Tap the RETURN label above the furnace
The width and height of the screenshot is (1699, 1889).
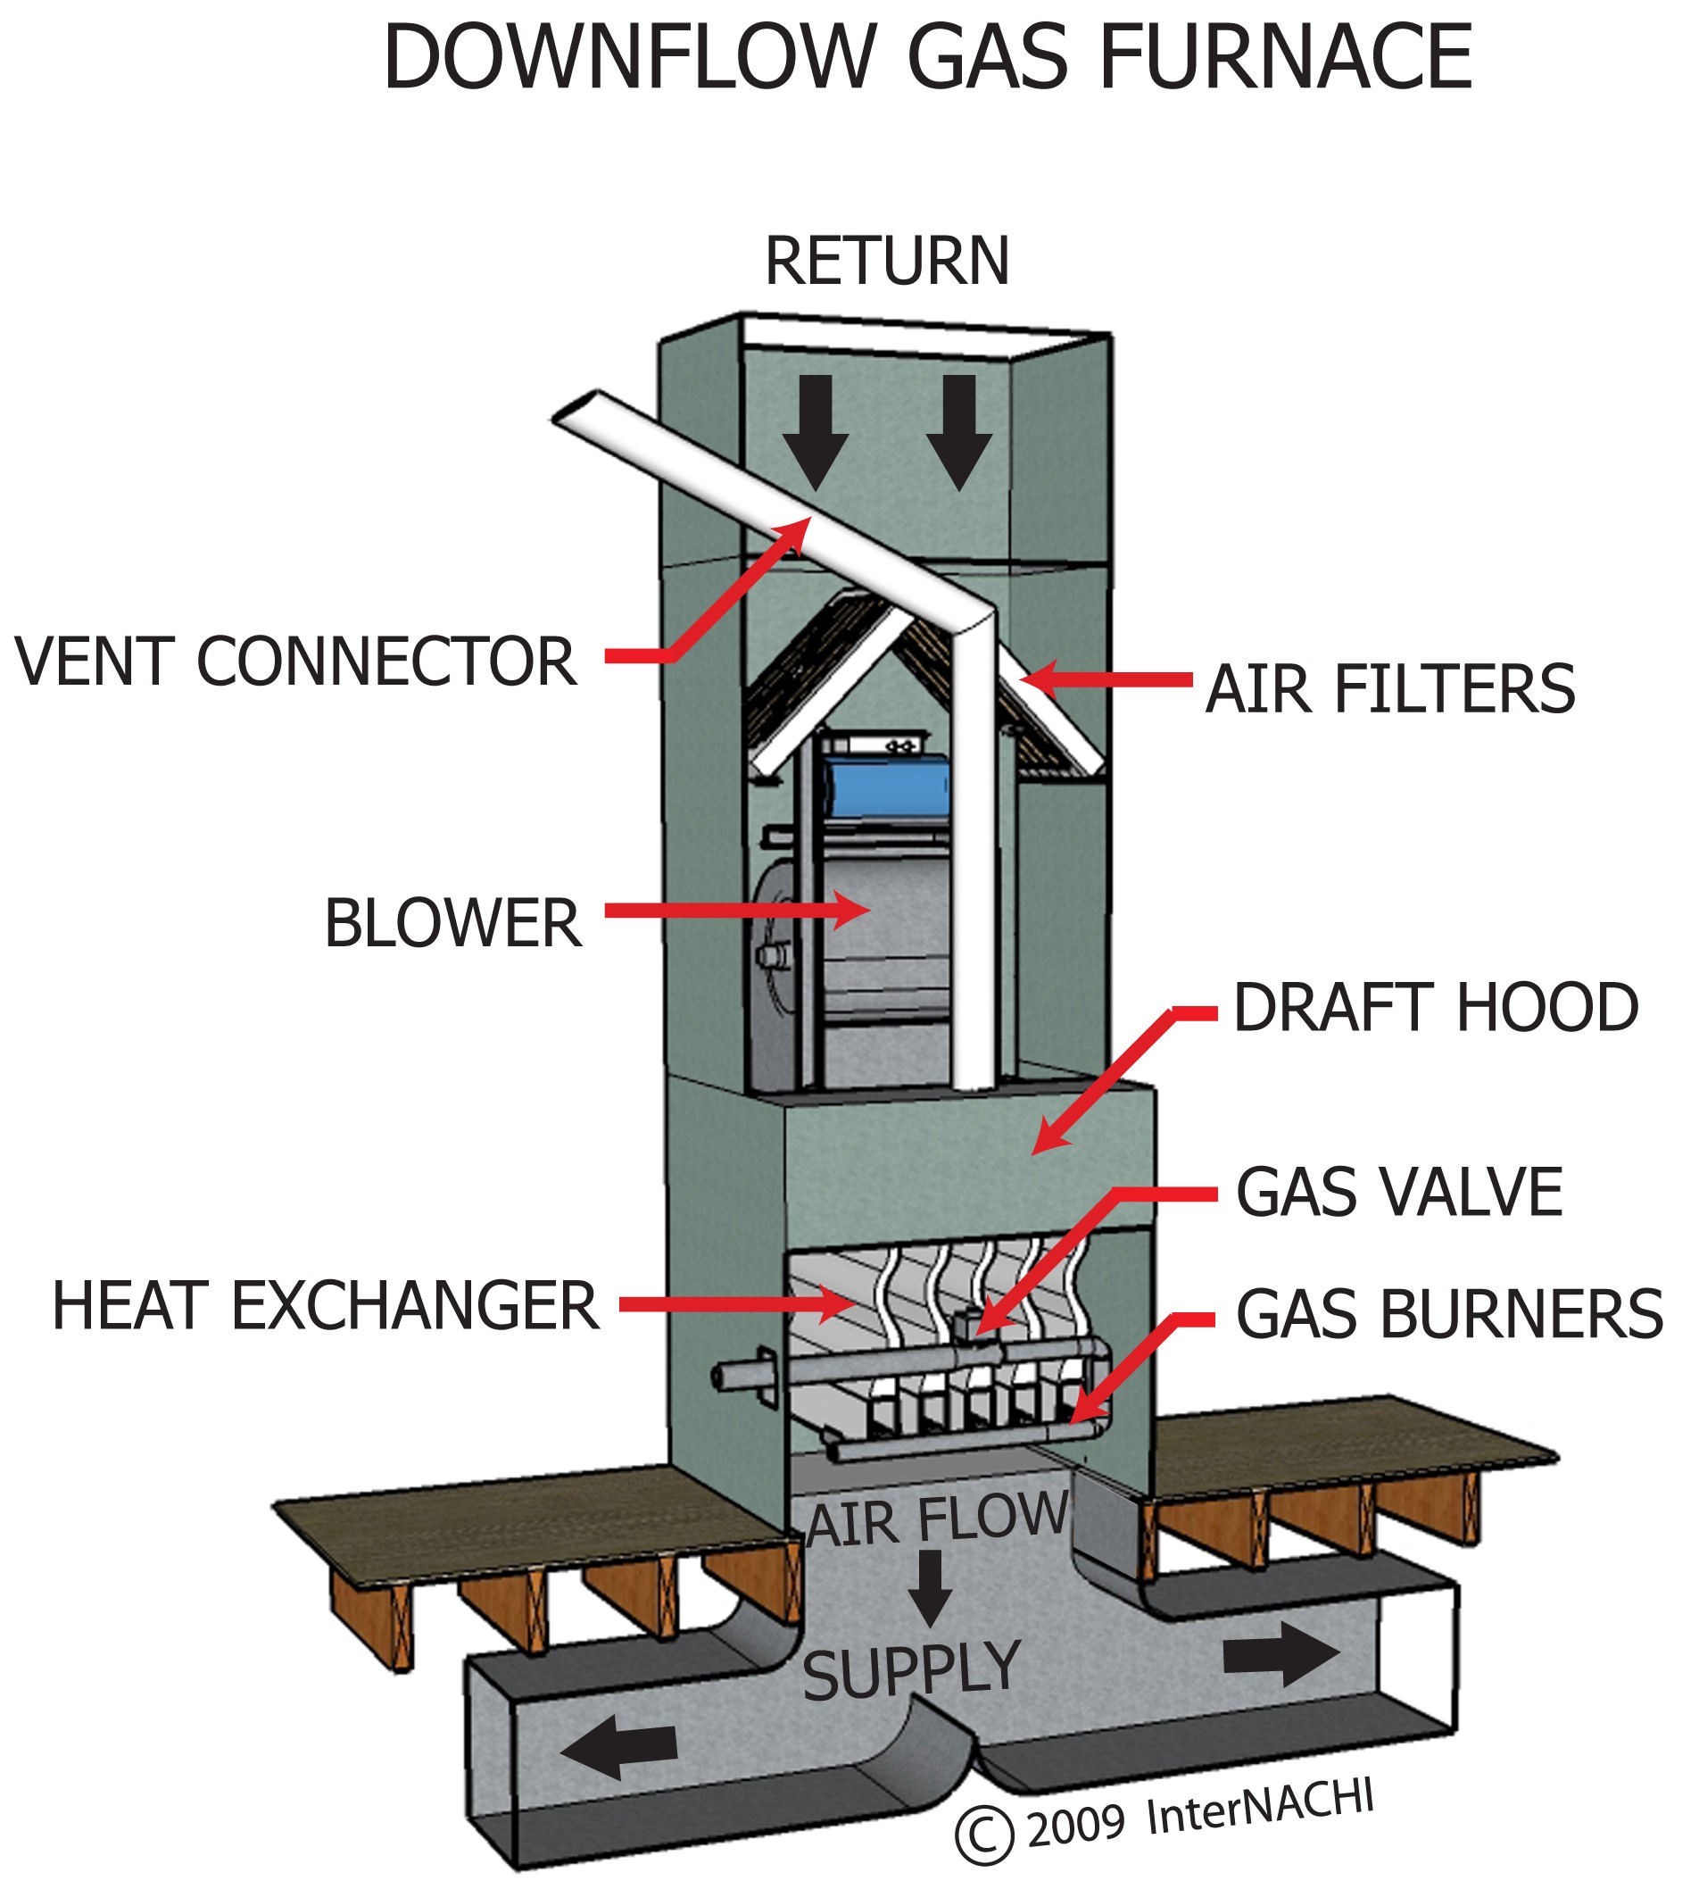[x=886, y=262]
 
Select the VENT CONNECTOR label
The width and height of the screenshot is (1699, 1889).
[x=295, y=662]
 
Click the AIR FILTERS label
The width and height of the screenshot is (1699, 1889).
[x=1390, y=689]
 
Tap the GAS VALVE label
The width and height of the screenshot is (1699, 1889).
[x=1398, y=1193]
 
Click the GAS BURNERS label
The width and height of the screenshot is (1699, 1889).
[x=1449, y=1313]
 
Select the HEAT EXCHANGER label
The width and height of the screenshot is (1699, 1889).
[x=325, y=1305]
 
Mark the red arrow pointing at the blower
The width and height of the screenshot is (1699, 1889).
[x=737, y=910]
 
